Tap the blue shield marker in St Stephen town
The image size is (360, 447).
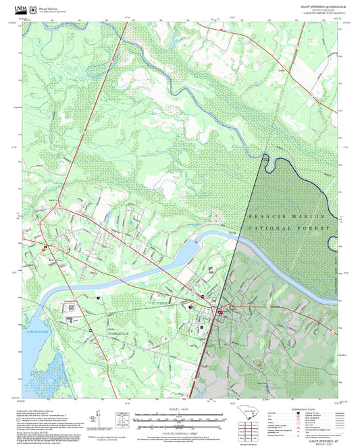(x=221, y=313)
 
